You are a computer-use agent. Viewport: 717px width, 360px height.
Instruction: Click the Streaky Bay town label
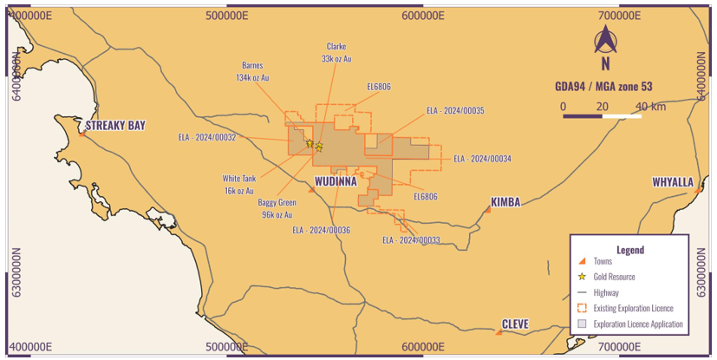coord(115,125)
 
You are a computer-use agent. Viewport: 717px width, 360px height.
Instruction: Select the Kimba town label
coord(505,201)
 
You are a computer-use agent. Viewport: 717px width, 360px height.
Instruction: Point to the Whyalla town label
coord(673,182)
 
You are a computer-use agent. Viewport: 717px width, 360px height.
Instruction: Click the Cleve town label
coord(515,324)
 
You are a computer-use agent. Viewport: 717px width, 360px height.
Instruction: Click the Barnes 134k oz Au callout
coord(253,70)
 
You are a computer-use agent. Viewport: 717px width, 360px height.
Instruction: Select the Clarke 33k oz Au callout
coord(336,52)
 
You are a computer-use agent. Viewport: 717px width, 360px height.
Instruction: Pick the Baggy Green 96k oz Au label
coord(277,208)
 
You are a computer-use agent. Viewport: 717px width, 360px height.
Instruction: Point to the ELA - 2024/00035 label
coord(455,111)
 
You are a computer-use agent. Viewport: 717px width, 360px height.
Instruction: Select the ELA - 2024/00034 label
coord(482,159)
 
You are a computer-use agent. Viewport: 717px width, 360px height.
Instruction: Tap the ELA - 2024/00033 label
coord(411,239)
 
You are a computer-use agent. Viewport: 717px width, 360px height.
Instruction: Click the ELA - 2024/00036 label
coord(321,230)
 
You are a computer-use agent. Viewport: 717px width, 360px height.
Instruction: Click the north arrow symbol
coord(604,40)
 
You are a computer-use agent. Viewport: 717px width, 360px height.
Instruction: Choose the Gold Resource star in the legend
coord(583,277)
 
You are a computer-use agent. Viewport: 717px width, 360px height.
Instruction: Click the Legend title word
coord(630,249)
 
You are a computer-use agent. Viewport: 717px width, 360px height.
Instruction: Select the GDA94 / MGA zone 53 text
coord(605,87)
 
